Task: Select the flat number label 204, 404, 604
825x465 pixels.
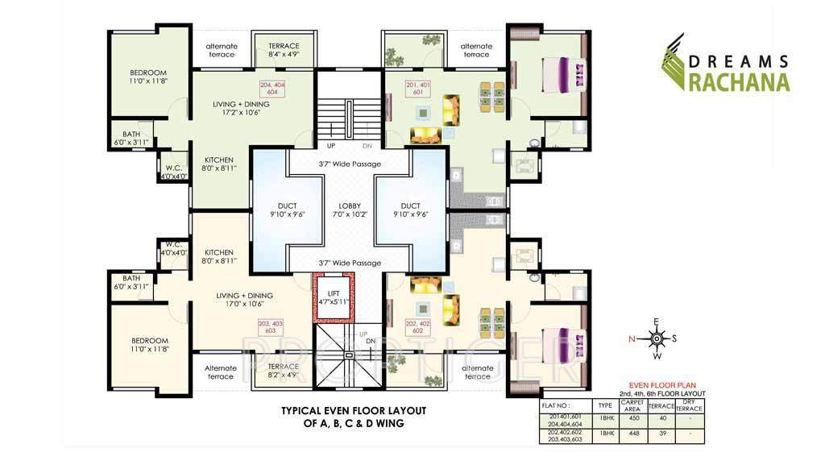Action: (273, 89)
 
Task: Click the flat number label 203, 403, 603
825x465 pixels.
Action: (271, 327)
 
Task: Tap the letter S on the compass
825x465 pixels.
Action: (675, 338)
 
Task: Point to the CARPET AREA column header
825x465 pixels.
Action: (632, 405)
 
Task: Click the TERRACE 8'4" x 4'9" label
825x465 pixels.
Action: (284, 50)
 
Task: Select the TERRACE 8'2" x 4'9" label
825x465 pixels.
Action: (283, 370)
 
